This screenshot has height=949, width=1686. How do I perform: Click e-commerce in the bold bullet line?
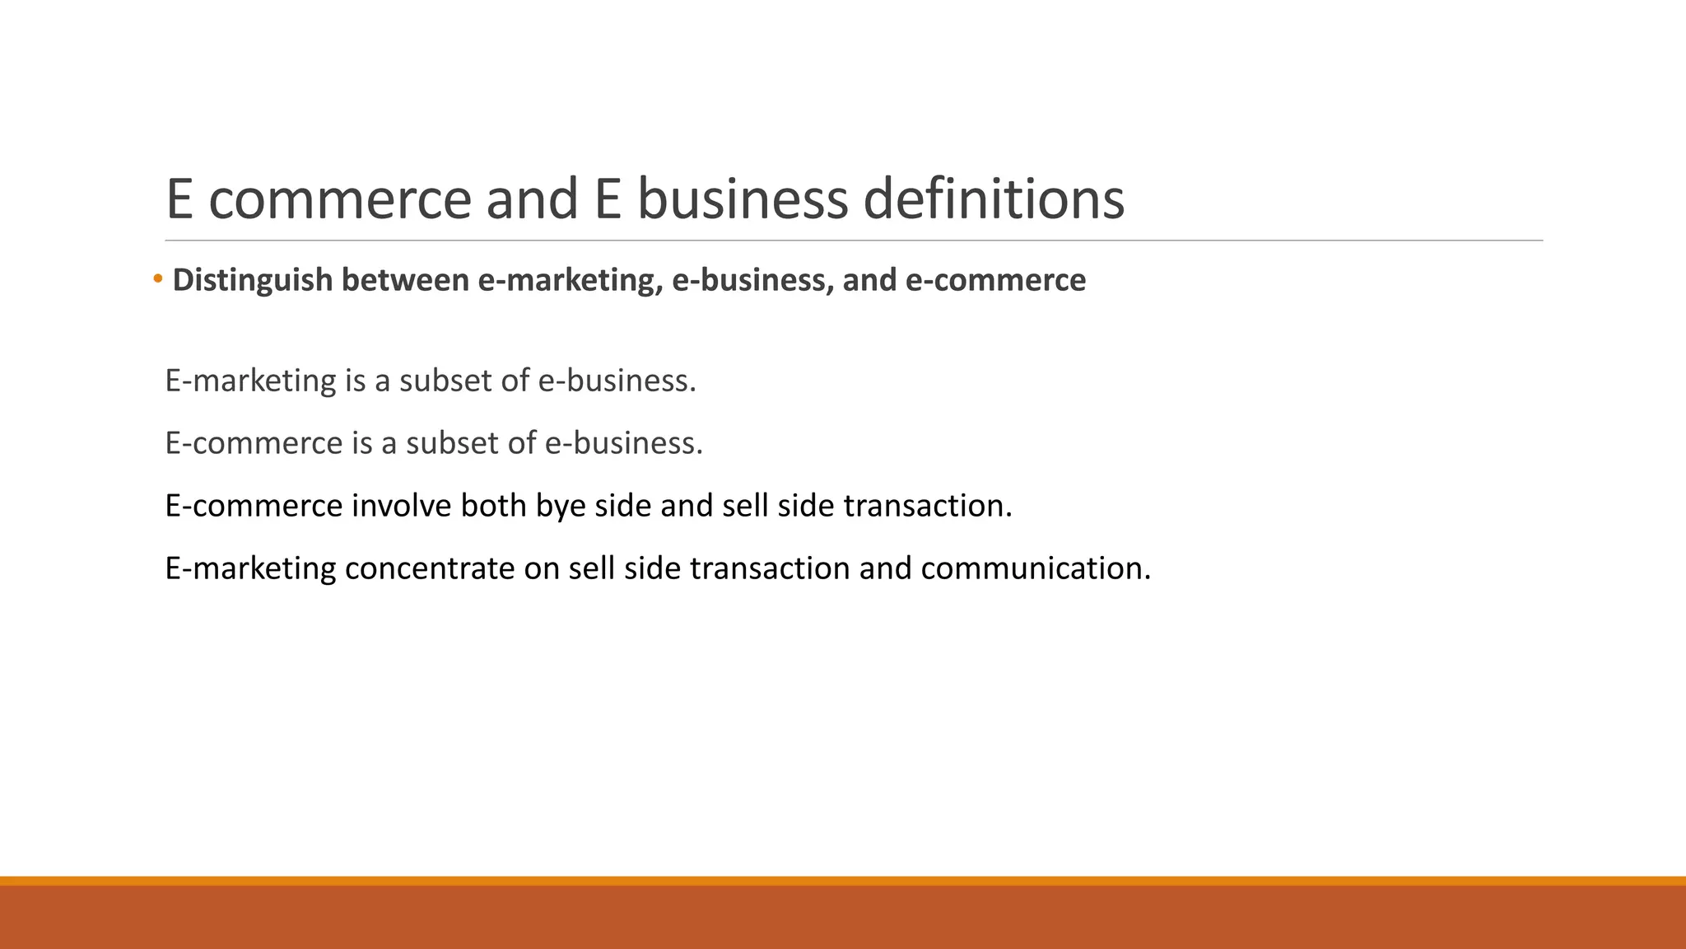point(995,280)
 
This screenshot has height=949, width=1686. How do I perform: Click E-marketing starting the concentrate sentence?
point(250,568)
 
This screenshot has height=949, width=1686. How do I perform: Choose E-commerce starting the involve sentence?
point(254,505)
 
